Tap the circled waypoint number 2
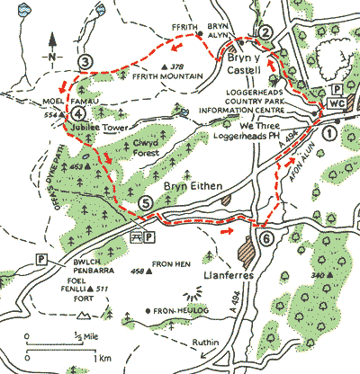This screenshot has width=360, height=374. point(265,32)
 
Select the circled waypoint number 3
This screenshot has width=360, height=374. point(85,61)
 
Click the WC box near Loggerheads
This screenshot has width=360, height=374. point(337,104)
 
